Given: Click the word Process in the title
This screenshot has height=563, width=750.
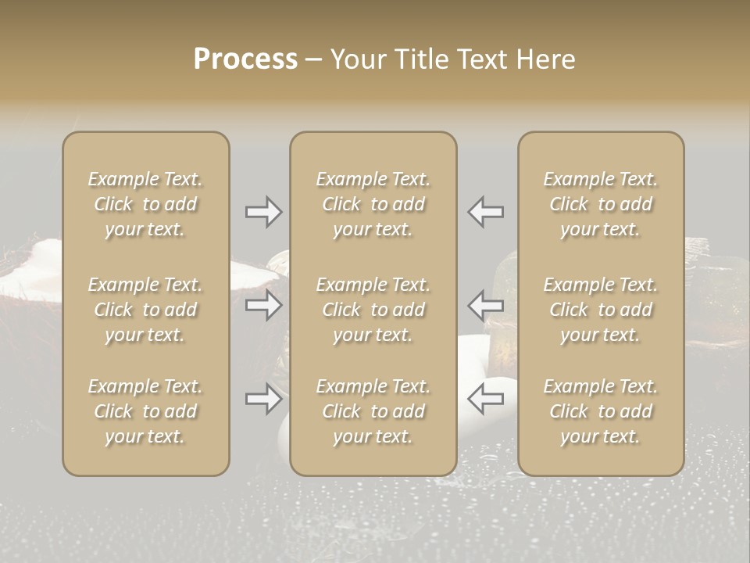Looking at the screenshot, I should coord(245,59).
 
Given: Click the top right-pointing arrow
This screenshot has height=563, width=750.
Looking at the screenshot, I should coord(263,212).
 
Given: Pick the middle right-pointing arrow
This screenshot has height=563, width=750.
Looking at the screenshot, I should coord(263,305).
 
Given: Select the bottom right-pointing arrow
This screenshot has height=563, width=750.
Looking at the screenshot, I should coord(263,399).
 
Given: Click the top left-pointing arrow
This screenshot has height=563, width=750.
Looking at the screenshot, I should coord(485,212).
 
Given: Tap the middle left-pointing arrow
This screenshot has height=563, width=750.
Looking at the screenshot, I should coord(485,305).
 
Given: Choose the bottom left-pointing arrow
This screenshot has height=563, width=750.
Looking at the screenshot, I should coord(485,399).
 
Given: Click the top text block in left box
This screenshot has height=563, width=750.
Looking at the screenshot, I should coord(145,204).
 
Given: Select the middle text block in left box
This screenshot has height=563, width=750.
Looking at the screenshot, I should coord(145,310).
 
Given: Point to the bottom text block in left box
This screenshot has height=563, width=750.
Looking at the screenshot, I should coord(145,411).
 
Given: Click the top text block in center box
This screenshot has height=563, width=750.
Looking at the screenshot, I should coord(373,204).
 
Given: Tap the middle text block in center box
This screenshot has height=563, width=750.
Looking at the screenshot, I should coord(373,310).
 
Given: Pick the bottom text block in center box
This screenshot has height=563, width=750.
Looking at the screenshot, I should coord(373,411).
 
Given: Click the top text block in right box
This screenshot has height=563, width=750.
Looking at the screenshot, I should coord(601,204).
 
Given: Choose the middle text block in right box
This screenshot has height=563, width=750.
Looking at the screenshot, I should coord(601,310).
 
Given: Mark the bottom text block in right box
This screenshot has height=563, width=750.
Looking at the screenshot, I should coord(601,411).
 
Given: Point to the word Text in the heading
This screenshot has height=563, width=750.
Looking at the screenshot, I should coord(483,59).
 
